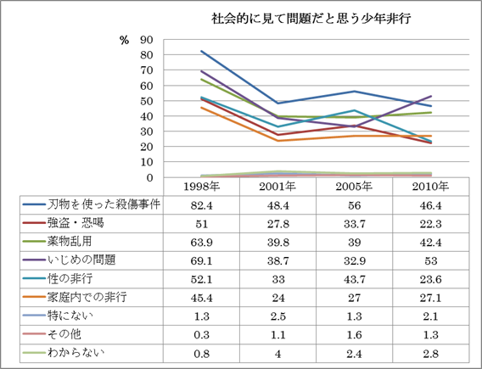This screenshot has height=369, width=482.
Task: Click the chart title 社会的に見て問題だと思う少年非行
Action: (311, 19)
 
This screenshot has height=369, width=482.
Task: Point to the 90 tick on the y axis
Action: (146, 40)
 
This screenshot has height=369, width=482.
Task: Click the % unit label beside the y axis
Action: (124, 40)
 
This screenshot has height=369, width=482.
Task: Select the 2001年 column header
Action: (277, 186)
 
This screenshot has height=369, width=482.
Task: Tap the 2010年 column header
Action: (431, 186)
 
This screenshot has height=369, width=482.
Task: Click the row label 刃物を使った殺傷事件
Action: (104, 204)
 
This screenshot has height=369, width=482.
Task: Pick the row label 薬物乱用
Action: (70, 242)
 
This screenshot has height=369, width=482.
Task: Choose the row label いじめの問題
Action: (81, 260)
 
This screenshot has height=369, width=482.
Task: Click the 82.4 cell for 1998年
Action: (201, 205)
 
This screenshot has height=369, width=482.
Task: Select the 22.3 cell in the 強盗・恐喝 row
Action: (431, 224)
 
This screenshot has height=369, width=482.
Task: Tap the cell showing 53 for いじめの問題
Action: (431, 260)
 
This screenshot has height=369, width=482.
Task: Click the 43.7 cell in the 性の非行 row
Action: (354, 279)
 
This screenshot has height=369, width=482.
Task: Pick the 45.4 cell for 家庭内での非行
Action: (201, 298)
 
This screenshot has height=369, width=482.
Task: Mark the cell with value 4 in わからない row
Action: (277, 354)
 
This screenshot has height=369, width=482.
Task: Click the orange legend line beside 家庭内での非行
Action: (34, 297)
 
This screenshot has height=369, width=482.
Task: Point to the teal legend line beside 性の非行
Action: (34, 278)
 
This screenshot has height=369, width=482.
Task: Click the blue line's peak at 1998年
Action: (201, 51)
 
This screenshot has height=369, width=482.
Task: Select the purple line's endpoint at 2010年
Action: (431, 96)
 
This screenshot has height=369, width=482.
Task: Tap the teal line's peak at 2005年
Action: (355, 110)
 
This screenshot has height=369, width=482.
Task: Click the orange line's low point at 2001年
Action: (277, 141)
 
